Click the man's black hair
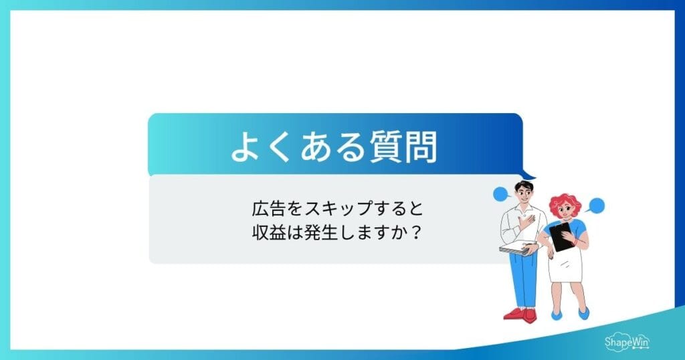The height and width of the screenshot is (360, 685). tap(523, 185)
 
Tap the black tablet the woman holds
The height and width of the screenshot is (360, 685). tap(561, 236)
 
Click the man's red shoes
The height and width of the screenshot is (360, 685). tap(520, 313)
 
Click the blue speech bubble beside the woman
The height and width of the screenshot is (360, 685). tap(597, 205)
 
